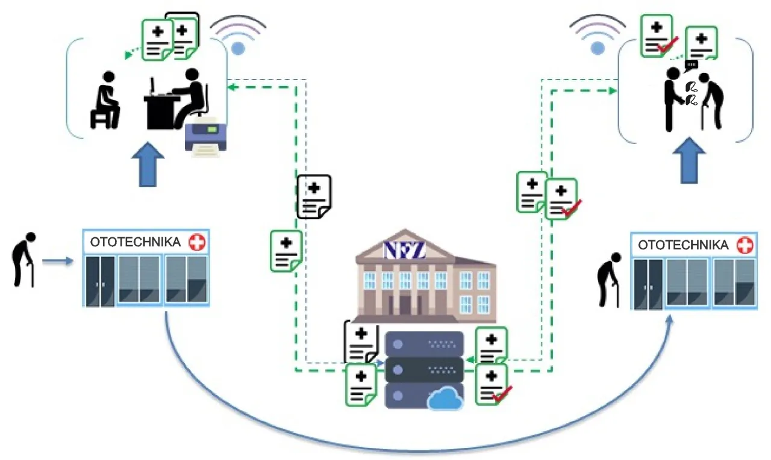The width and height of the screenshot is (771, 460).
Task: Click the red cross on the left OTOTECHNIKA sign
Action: click(196, 243)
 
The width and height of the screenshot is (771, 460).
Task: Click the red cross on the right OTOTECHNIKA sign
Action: click(744, 246)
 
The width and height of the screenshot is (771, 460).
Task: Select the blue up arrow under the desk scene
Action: click(147, 164)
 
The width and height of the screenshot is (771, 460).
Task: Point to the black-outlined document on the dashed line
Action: click(314, 197)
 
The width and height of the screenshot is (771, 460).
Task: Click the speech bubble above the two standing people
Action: click(691, 64)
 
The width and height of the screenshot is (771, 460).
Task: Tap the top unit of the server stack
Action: click(424, 344)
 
